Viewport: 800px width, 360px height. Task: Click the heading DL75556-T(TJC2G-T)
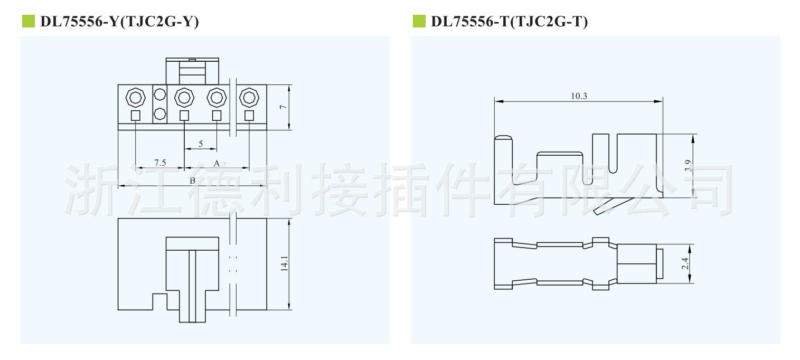509,22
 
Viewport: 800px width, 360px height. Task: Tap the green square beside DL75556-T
417,22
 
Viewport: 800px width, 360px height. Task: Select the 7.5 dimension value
160,163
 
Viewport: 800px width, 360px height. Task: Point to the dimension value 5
201,144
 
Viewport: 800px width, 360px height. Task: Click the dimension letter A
217,164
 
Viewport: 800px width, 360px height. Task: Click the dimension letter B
193,181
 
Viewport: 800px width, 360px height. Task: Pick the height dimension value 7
283,107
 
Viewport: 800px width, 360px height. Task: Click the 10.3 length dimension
579,96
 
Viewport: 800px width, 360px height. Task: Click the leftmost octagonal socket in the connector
135,97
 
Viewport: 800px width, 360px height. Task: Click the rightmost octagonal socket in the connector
249,97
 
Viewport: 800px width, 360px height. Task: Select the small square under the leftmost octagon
135,115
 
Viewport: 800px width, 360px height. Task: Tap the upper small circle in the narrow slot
159,96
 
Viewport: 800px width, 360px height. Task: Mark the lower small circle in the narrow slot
159,113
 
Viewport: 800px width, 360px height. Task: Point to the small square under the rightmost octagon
249,115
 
